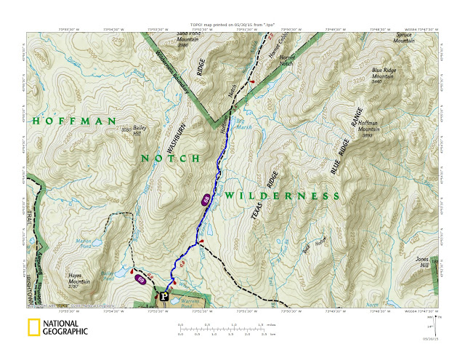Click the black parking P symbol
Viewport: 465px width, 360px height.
pos(163,296)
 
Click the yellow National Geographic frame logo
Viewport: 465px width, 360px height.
pos(33,327)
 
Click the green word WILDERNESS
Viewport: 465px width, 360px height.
pos(281,196)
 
